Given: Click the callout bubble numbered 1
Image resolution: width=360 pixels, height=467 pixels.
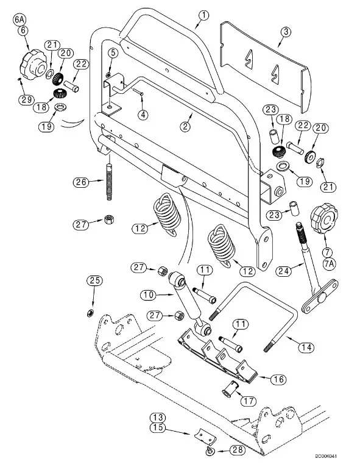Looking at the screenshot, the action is (x=204, y=15).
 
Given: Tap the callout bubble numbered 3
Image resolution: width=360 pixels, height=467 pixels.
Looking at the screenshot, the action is (x=286, y=32).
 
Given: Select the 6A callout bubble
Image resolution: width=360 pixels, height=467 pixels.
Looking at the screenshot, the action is (x=19, y=20).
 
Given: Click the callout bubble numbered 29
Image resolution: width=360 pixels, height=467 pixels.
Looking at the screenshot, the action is (x=26, y=99).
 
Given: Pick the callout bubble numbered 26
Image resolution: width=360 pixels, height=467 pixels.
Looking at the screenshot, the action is (x=81, y=182).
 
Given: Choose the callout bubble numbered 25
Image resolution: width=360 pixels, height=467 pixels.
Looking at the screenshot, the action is (x=94, y=280).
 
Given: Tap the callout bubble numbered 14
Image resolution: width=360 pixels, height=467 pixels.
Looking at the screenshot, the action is (x=306, y=347).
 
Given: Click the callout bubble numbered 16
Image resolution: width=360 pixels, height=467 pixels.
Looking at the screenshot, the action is (x=278, y=379).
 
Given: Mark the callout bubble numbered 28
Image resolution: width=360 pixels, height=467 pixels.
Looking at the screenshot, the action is (x=238, y=450).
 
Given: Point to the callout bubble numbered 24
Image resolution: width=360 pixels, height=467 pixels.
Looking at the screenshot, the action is (x=283, y=271).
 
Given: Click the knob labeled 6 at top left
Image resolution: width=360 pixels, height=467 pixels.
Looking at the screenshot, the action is (x=32, y=65).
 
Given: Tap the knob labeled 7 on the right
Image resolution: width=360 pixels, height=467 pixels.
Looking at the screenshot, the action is (x=324, y=218).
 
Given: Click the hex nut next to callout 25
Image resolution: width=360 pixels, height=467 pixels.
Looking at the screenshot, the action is (x=90, y=313).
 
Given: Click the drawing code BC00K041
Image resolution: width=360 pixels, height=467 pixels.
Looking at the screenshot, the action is (x=326, y=456).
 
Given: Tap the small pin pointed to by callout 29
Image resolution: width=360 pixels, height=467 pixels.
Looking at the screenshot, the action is (x=19, y=79).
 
